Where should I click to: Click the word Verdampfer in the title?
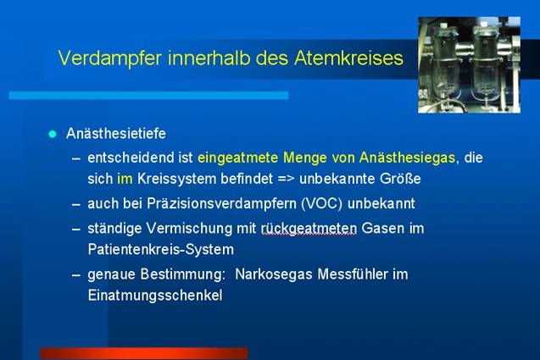(110, 58)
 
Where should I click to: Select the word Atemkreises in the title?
(348, 58)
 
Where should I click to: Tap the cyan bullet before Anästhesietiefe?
(53, 134)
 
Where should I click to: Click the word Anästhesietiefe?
(116, 134)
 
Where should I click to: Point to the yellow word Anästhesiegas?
(407, 158)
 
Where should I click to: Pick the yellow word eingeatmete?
(237, 158)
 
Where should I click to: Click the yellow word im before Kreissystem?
(125, 179)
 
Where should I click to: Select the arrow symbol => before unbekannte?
(287, 180)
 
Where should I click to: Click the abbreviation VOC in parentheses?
(321, 204)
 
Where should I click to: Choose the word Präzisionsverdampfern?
(221, 204)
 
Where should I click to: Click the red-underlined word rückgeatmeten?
(309, 229)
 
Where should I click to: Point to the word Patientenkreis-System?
(161, 250)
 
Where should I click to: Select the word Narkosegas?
(274, 274)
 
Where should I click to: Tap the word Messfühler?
(353, 274)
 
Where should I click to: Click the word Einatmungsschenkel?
(155, 296)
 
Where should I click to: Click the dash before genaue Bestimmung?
(76, 275)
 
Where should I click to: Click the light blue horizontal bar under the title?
(149, 96)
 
